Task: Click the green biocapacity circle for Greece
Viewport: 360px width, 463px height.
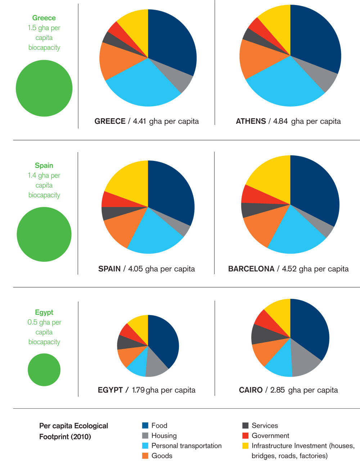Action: (44, 88)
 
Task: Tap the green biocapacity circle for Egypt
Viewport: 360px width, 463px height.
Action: (44, 370)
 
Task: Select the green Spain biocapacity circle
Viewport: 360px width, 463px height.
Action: (44, 234)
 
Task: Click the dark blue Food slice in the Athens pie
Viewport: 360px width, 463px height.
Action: (315, 40)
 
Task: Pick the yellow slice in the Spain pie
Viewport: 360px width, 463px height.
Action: (128, 178)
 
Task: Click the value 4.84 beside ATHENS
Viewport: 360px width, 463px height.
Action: (280, 121)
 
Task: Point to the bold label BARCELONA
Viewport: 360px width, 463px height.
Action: (251, 269)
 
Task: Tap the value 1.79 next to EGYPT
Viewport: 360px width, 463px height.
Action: (139, 390)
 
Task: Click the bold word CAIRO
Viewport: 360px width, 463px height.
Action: (251, 390)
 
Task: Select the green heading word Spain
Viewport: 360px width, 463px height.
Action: (44, 166)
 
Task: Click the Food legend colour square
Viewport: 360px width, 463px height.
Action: (145, 426)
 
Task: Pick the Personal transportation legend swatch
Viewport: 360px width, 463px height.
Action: (145, 446)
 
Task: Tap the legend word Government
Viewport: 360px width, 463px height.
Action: (270, 436)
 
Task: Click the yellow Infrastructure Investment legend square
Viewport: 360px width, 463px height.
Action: (246, 446)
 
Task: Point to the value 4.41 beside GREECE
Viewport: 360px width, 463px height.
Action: (139, 121)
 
